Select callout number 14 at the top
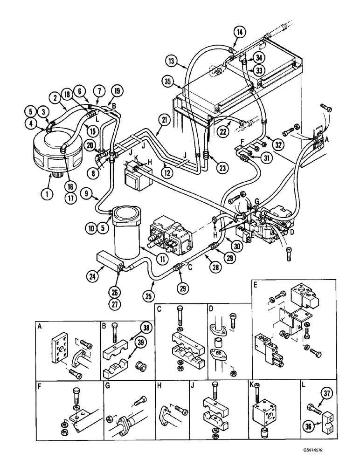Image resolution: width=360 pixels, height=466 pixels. (239, 32)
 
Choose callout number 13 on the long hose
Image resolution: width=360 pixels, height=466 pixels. (171, 60)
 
